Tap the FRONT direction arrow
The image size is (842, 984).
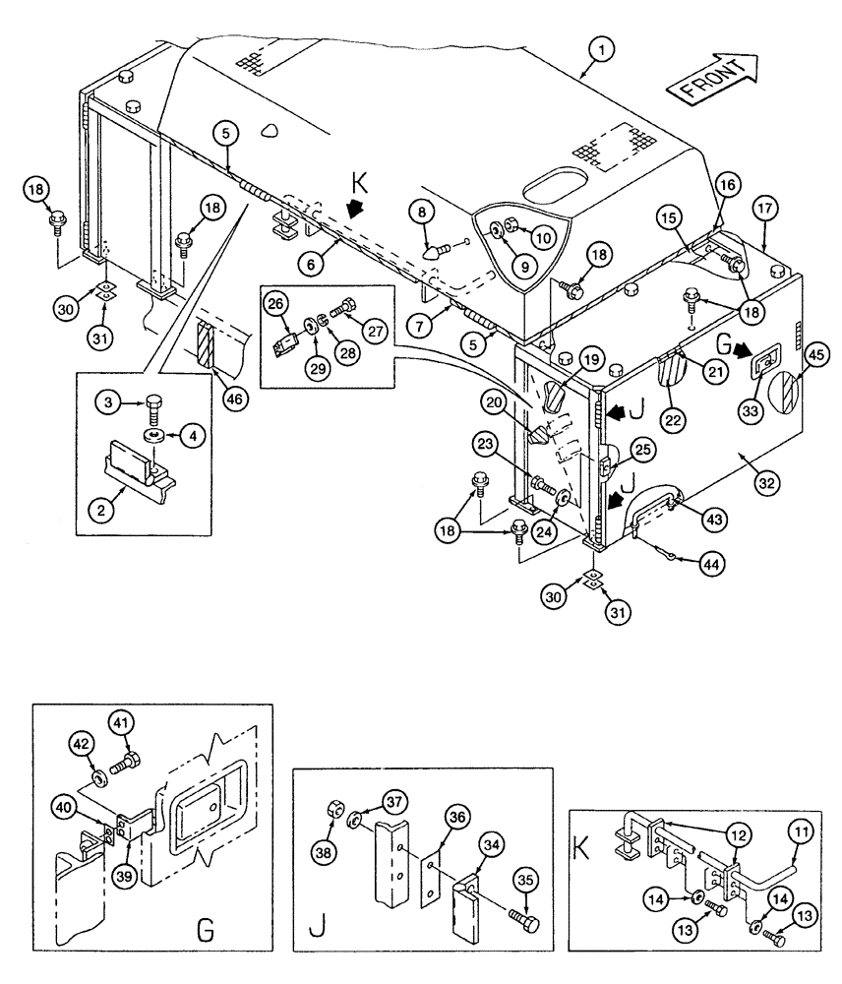[711, 80]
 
